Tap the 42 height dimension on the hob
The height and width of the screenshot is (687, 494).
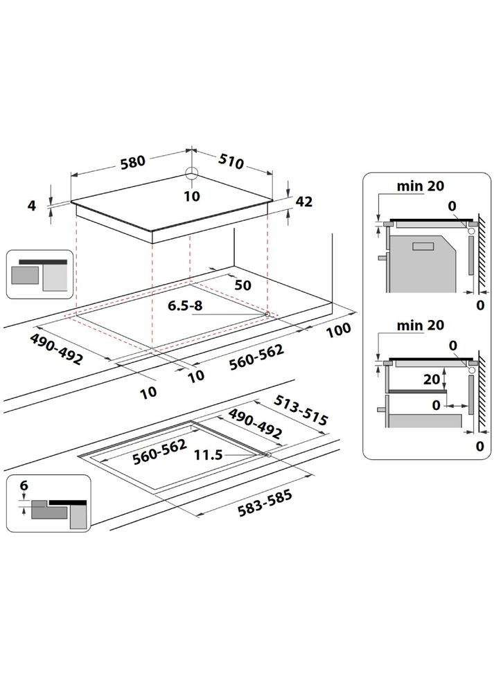[x=303, y=202]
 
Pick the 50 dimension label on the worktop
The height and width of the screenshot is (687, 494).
[x=242, y=285]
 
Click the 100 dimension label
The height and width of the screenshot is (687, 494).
[x=338, y=330]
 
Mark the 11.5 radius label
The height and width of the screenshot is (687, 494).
[x=208, y=455]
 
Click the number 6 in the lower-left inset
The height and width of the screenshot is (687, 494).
[x=24, y=487]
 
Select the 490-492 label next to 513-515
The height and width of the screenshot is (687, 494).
[x=255, y=425]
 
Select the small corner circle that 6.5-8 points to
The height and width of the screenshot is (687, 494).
[x=267, y=314]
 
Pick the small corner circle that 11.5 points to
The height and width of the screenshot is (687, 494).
[x=267, y=455]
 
